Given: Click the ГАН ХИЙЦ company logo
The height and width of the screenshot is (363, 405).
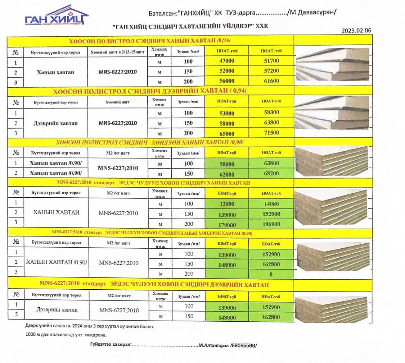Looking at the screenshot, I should pyautogui.click(x=57, y=16).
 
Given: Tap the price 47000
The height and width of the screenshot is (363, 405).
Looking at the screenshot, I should pyautogui.click(x=226, y=61).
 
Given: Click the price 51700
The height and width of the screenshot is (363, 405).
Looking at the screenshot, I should pyautogui.click(x=271, y=61).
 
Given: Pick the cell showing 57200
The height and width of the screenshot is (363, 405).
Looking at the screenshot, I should pyautogui.click(x=271, y=71).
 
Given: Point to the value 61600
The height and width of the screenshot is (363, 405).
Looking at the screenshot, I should pyautogui.click(x=271, y=81).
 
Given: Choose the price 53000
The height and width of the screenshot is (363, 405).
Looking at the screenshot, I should pyautogui.click(x=226, y=114).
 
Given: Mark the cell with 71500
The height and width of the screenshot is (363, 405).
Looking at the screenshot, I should pyautogui.click(x=271, y=133).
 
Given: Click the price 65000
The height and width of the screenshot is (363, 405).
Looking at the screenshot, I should pyautogui.click(x=226, y=133).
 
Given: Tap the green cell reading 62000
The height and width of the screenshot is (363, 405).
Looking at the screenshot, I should pyautogui.click(x=226, y=174).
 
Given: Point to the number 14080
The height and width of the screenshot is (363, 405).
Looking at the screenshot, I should pyautogui.click(x=271, y=204).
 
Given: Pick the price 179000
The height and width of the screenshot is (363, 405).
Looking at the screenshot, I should pyautogui.click(x=226, y=225).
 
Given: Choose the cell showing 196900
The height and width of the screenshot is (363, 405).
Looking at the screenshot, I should pyautogui.click(x=271, y=225).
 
